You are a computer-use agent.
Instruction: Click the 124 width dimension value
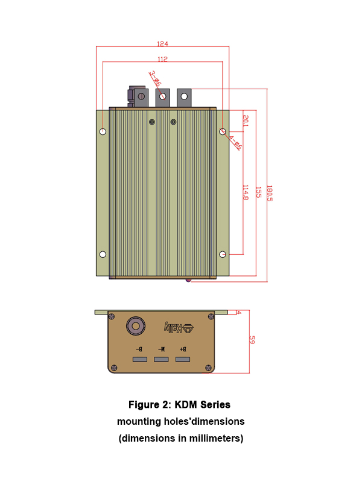tap(162, 44)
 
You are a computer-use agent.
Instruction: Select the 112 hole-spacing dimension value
tap(162, 60)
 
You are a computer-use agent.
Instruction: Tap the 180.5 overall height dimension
tap(269, 193)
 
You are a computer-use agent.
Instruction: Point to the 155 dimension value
tap(258, 192)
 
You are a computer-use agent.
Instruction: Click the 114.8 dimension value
tap(245, 192)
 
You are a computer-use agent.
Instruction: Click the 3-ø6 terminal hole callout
tap(154, 79)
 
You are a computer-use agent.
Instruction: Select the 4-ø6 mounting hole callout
tap(235, 142)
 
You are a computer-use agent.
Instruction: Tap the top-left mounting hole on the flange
tap(103, 131)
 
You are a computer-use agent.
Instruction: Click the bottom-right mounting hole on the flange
tap(223, 254)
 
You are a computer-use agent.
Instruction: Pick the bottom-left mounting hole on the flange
tap(103, 254)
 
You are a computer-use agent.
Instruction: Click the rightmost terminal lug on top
tap(184, 96)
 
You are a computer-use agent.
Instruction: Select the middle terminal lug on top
tap(162, 96)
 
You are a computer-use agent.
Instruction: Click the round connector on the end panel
tap(135, 327)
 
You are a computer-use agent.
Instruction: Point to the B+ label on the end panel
tap(182, 349)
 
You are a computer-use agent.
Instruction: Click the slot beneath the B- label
tap(139, 360)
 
